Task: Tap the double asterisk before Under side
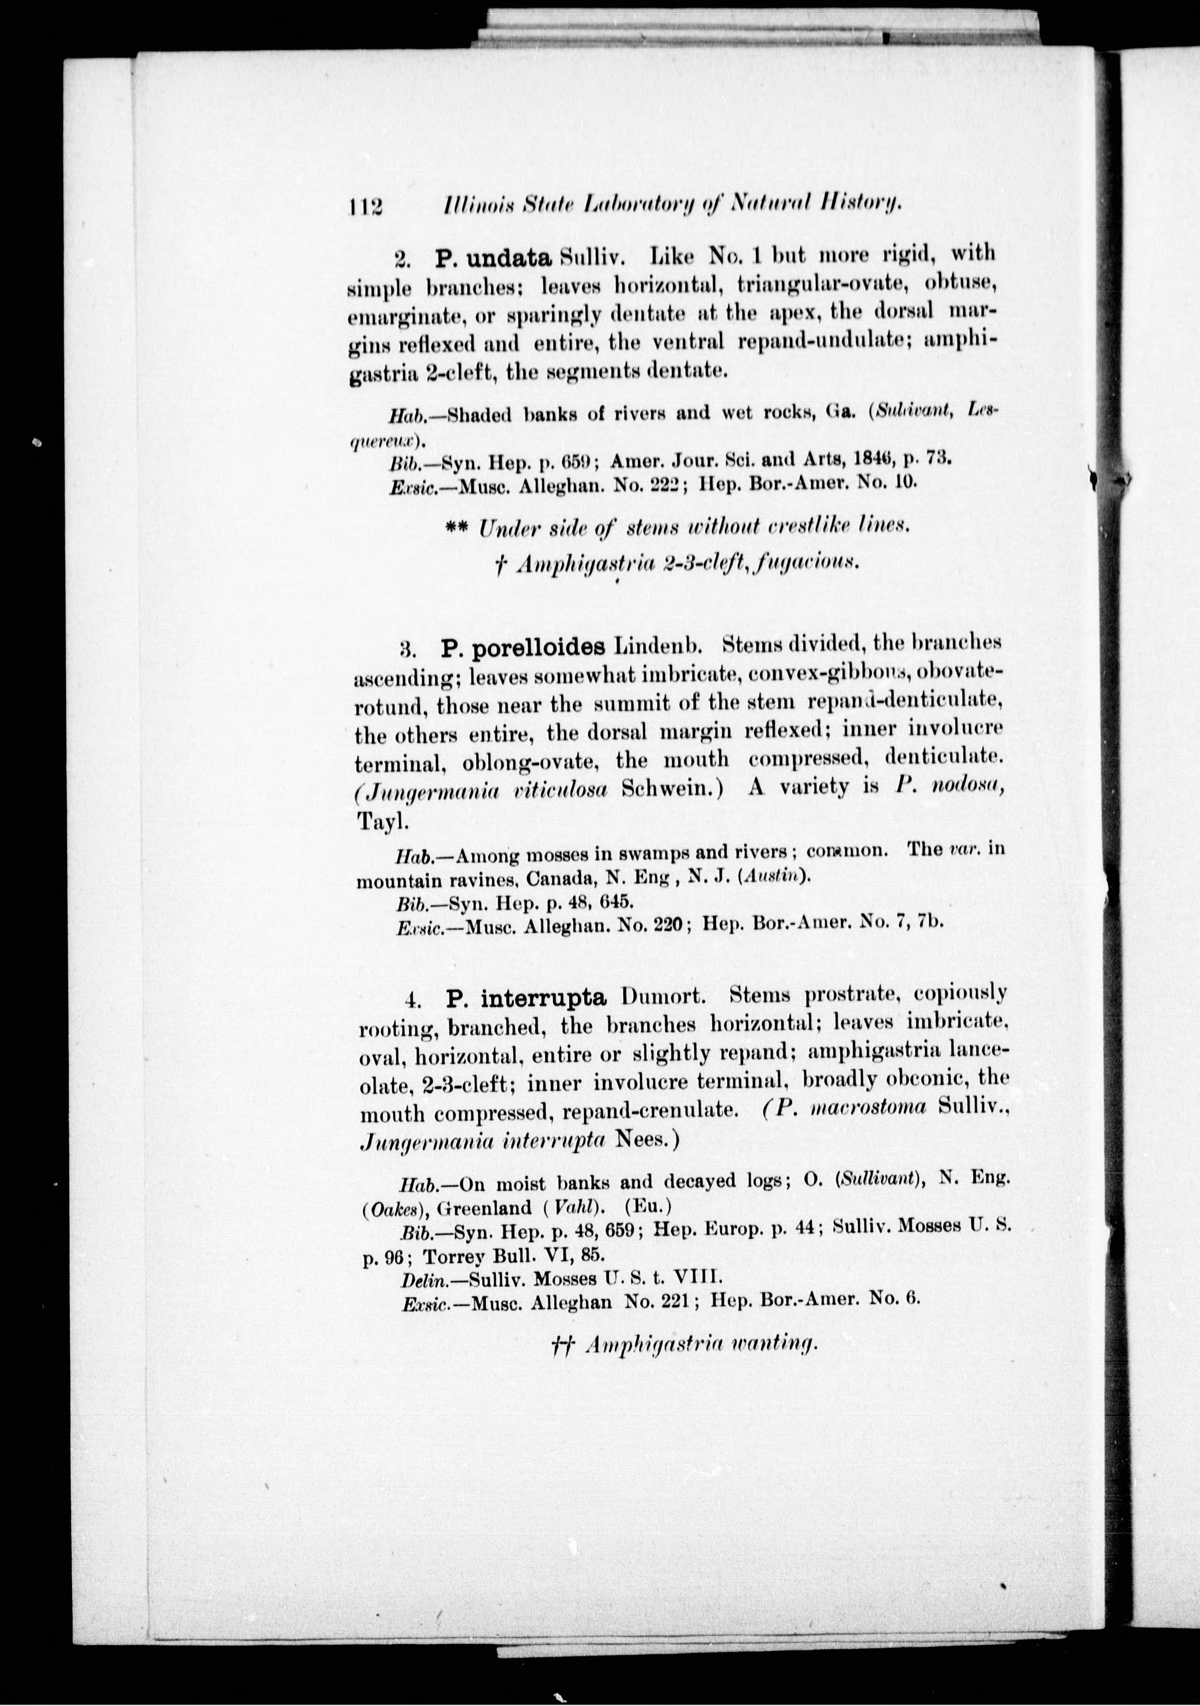pyautogui.click(x=458, y=526)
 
